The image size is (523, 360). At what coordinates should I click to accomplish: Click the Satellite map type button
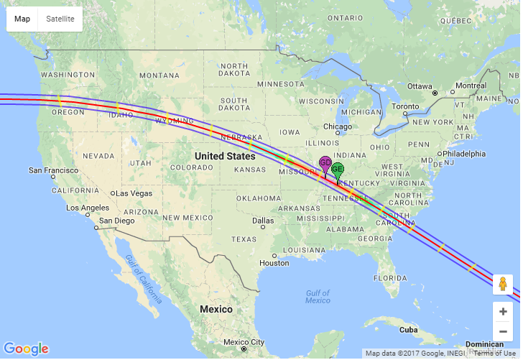pyautogui.click(x=60, y=19)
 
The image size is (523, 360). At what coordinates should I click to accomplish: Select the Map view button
pyautogui.click(x=22, y=19)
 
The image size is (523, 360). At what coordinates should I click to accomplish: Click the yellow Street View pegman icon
pyautogui.click(x=503, y=285)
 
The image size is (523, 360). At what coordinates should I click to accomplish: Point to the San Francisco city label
pyautogui.click(x=54, y=170)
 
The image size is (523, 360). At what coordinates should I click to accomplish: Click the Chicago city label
pyautogui.click(x=338, y=126)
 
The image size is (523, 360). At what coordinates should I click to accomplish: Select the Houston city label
pyautogui.click(x=274, y=263)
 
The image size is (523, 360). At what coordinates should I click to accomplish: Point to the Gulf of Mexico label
pyautogui.click(x=317, y=296)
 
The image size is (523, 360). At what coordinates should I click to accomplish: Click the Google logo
pyautogui.click(x=27, y=349)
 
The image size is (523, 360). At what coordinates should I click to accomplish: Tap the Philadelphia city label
pyautogui.click(x=465, y=154)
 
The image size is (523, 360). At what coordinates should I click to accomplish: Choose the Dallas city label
pyautogui.click(x=263, y=221)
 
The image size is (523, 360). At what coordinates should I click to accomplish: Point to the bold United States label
pyautogui.click(x=225, y=156)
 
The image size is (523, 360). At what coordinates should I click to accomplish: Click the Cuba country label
pyautogui.click(x=408, y=330)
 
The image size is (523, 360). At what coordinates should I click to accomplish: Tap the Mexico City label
pyautogui.click(x=244, y=342)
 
